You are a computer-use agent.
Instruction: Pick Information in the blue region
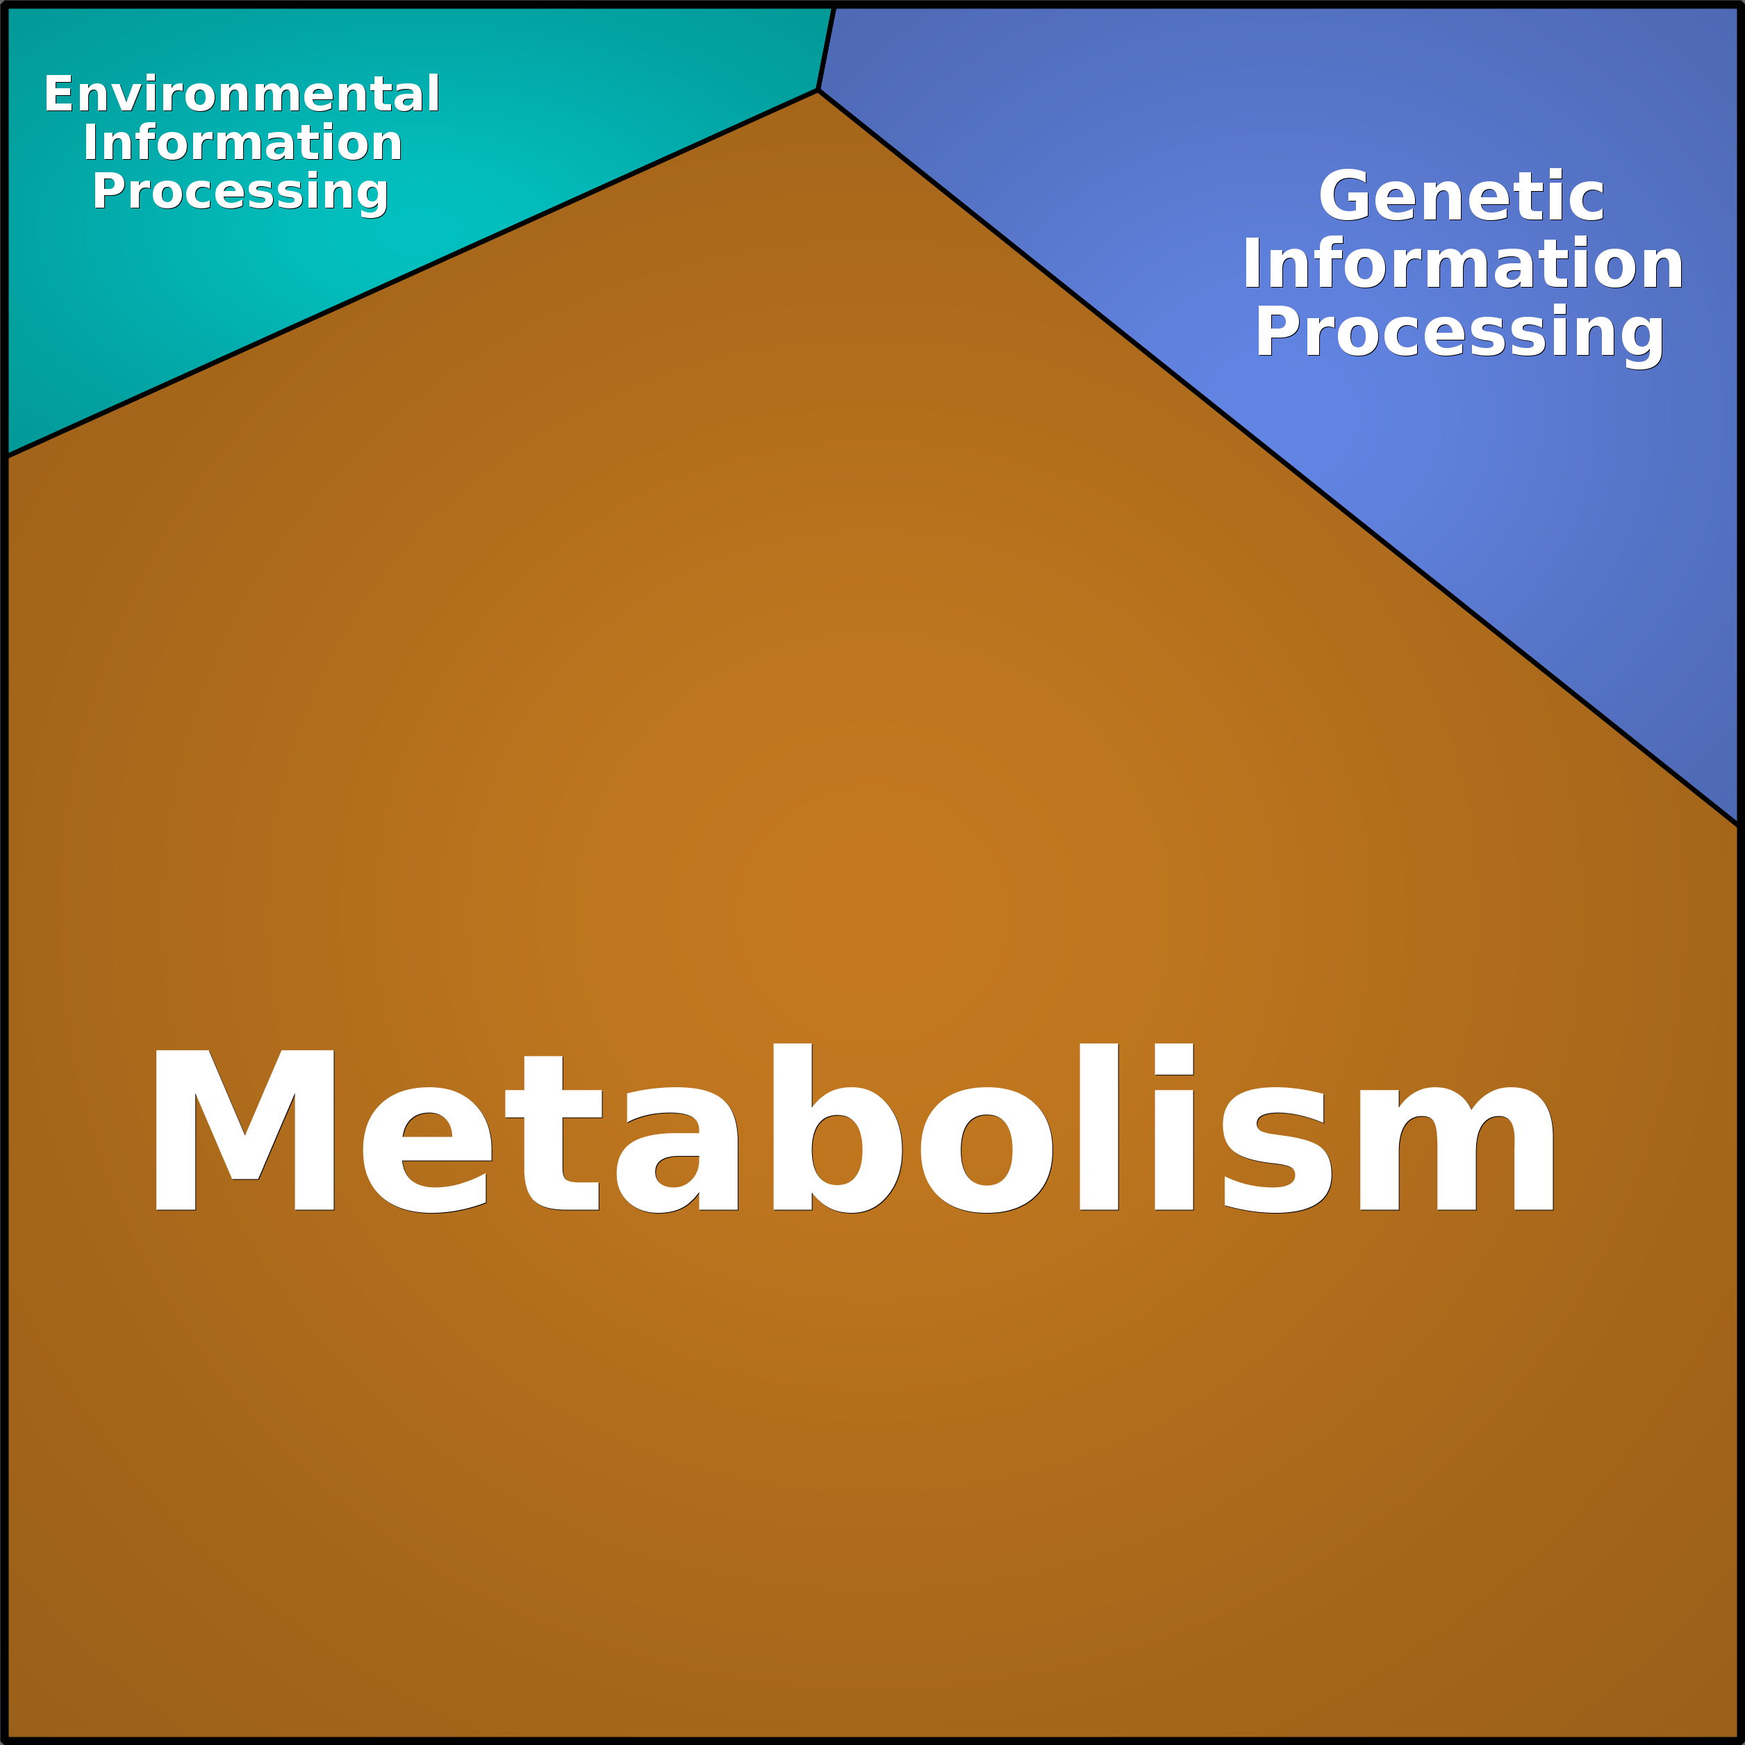[1462, 264]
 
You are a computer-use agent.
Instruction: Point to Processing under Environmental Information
[240, 192]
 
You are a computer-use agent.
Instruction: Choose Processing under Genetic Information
[1459, 334]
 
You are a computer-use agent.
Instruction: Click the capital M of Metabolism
[245, 1130]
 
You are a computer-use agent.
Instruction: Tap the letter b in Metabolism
[836, 1128]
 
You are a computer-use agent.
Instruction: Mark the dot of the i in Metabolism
[1173, 1059]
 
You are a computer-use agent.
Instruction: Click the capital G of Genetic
[1346, 196]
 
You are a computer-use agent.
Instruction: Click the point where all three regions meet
[818, 90]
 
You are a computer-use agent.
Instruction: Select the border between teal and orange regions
[412, 273]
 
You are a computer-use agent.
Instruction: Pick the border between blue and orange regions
[1277, 457]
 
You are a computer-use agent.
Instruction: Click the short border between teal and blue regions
[825, 49]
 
